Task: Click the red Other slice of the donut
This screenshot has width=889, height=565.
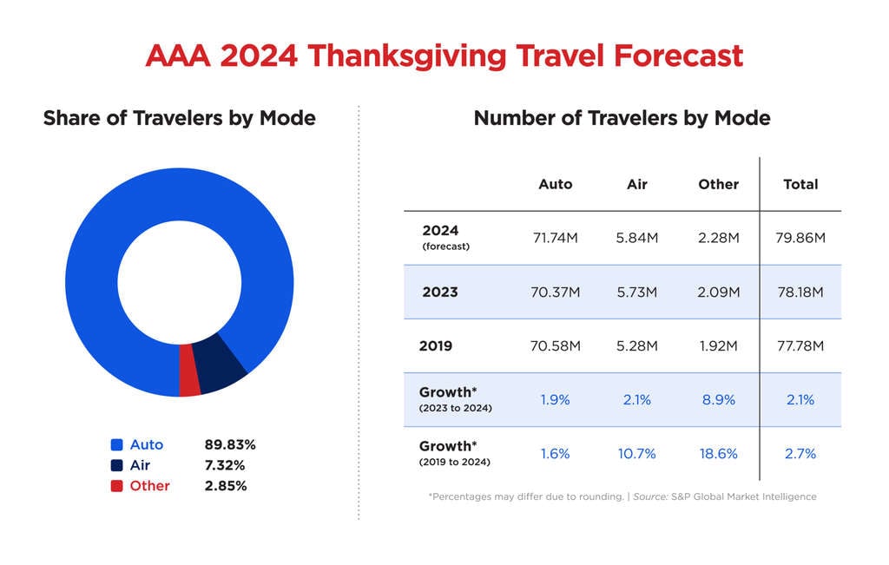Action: (189, 370)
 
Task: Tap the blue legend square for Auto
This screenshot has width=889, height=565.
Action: (116, 444)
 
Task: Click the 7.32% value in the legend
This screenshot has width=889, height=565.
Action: (226, 465)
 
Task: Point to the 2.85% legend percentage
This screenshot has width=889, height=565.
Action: (226, 486)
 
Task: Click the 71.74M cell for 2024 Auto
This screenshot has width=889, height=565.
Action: (555, 238)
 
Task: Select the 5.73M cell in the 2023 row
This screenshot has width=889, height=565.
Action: (636, 292)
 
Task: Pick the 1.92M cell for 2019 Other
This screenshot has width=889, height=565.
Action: (718, 346)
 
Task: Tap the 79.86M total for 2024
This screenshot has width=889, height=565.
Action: (800, 238)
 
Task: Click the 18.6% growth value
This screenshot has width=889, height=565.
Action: (718, 454)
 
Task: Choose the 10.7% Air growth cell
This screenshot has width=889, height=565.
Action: (636, 454)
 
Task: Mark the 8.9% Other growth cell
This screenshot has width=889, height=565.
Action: (718, 400)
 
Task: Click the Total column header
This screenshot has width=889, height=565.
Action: (800, 184)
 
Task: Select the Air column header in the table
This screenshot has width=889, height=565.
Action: (636, 184)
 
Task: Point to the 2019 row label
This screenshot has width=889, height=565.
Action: (436, 346)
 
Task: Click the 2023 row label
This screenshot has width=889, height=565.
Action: (439, 292)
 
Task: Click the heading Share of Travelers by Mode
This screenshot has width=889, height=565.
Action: (179, 118)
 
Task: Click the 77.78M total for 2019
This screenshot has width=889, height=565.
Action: (800, 346)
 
